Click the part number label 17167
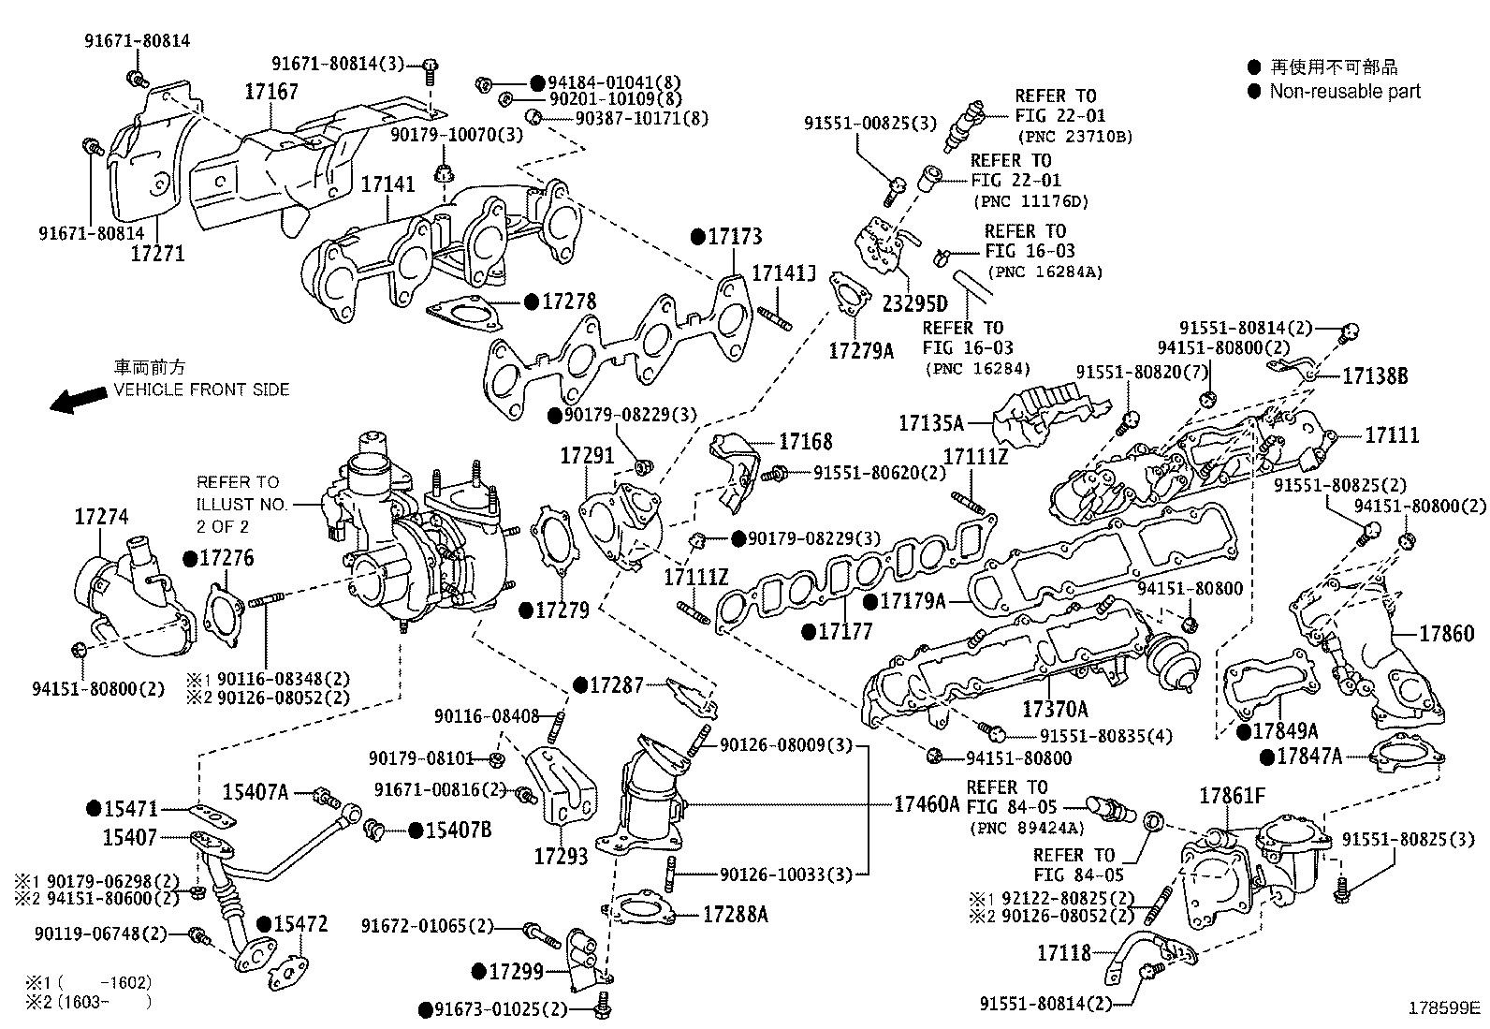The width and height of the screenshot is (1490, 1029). coord(271,92)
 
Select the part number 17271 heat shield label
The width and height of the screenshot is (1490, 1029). coord(157,253)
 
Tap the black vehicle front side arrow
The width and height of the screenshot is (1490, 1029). coord(79,400)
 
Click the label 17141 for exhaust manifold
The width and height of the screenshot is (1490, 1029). coord(387,184)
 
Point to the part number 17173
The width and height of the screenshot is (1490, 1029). coord(735,237)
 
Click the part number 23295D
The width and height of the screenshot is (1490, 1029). coord(914,303)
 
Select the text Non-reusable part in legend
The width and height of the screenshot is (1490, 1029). coord(1344,92)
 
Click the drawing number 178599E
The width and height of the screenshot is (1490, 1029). coord(1446,1010)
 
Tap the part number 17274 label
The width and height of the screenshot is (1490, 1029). coord(101,517)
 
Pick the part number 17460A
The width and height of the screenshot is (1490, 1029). coord(927,803)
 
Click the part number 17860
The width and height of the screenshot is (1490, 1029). coord(1446,634)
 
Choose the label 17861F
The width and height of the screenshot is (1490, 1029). coord(1233,797)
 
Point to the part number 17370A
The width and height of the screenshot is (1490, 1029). coord(1055,709)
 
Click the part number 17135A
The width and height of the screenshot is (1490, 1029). coord(930,423)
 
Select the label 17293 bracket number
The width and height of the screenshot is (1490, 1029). coord(562,855)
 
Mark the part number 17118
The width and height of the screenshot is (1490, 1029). coord(1064,953)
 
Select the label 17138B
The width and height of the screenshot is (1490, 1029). coord(1375,376)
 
